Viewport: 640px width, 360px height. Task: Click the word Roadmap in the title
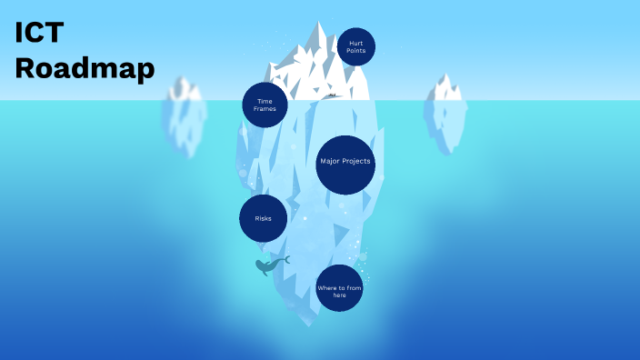point(85,68)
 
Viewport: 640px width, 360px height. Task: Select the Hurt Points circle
point(355,46)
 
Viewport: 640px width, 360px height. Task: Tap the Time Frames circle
point(265,105)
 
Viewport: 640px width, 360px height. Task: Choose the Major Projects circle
point(345,164)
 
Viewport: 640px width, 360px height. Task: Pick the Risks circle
point(264,218)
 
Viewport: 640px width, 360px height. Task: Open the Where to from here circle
point(339,288)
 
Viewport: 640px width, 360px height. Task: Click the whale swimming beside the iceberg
point(267,266)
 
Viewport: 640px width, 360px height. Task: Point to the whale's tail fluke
point(285,260)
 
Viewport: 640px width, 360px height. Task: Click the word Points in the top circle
point(355,51)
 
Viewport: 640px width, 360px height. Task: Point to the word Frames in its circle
point(265,109)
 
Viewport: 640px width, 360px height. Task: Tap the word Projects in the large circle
point(356,162)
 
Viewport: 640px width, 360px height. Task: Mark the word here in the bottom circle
point(339,295)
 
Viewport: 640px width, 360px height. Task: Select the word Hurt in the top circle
point(355,43)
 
